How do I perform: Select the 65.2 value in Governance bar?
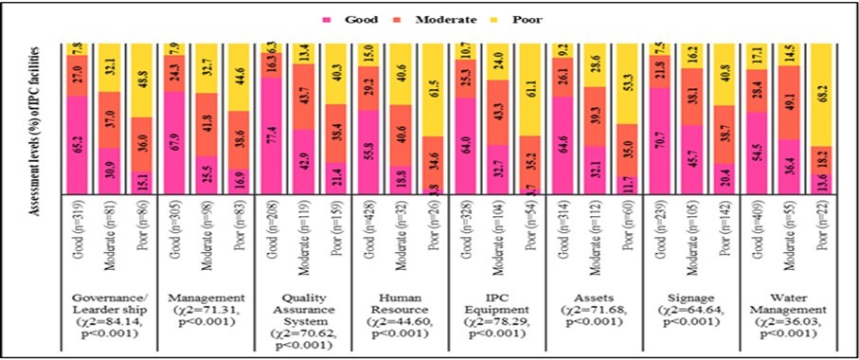click(x=76, y=145)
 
